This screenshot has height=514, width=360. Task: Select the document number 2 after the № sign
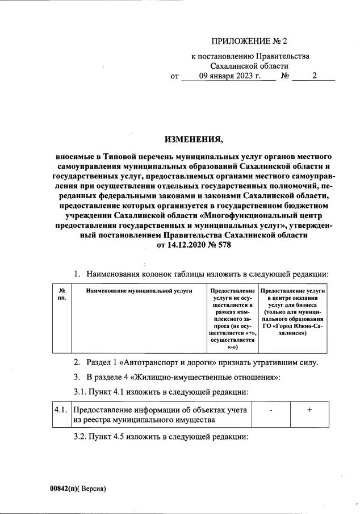(314, 76)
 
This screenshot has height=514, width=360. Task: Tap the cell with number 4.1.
(61, 409)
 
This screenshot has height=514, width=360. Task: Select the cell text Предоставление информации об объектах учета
(160, 410)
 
